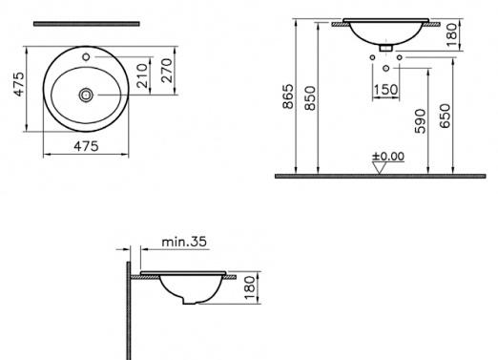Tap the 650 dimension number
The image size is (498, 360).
click(x=446, y=116)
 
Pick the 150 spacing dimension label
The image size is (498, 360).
click(x=385, y=91)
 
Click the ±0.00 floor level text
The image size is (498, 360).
click(x=388, y=155)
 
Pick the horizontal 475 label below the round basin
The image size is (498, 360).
click(x=87, y=146)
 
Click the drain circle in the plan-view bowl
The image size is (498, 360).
click(x=87, y=95)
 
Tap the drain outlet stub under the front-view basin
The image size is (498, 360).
click(x=385, y=47)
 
